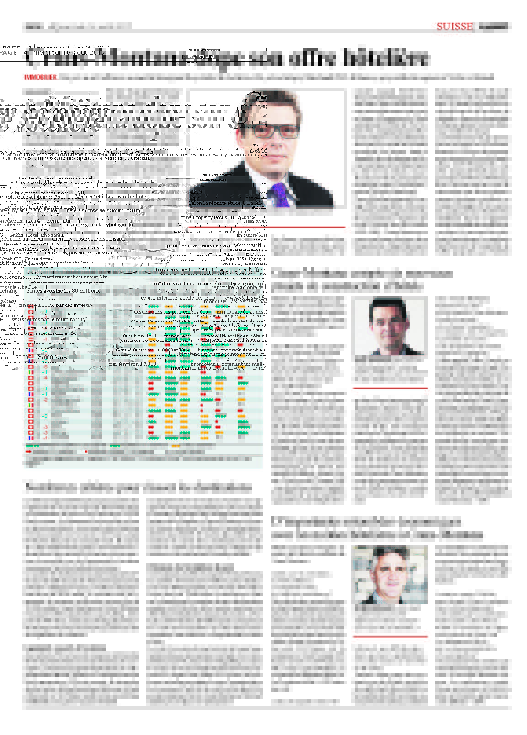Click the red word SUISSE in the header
454,27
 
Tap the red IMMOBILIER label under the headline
40,77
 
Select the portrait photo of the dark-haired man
390,326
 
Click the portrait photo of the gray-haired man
390,575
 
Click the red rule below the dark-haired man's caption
390,388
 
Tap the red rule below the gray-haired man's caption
390,636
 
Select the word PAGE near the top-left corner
9,52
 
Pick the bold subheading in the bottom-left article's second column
190,568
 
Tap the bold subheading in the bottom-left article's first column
64,648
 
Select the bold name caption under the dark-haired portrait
366,359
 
